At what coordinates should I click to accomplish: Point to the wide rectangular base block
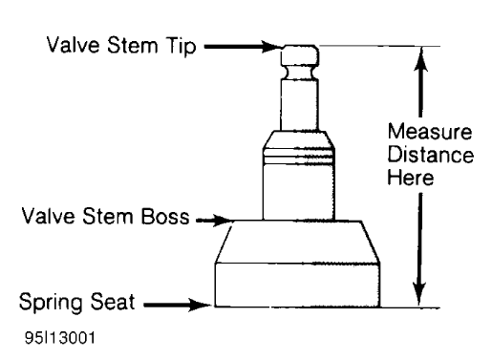[x=298, y=284]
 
